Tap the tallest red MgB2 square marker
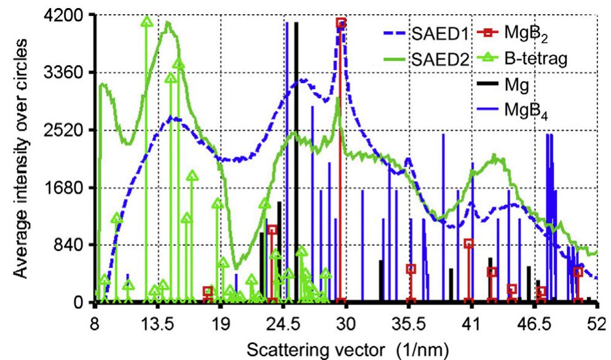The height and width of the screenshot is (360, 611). click(341, 23)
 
